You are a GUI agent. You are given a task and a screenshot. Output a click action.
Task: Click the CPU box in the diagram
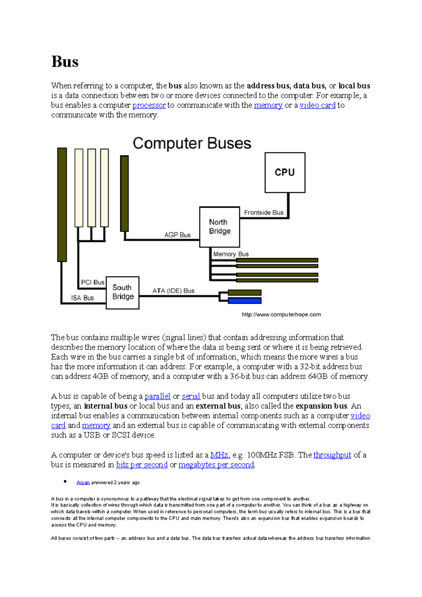click(x=285, y=173)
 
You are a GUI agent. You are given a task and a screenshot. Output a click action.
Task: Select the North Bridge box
click(x=219, y=227)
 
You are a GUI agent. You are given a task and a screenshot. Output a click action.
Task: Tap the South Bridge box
click(x=123, y=293)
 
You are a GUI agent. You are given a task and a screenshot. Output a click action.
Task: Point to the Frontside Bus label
click(x=263, y=213)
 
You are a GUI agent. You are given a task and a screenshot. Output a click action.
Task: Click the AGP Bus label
click(x=177, y=235)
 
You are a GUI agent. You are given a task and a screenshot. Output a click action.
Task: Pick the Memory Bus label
click(x=231, y=254)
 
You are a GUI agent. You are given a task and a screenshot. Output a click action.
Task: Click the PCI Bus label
click(x=92, y=282)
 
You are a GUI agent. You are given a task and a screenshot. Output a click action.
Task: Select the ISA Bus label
click(x=82, y=298)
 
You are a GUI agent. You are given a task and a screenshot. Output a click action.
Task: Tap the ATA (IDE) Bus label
click(x=173, y=291)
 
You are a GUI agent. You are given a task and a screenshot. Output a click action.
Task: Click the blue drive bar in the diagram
click(x=244, y=301)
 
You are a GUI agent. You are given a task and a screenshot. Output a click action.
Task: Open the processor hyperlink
click(x=149, y=105)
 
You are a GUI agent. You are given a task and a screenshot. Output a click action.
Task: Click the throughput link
click(x=332, y=455)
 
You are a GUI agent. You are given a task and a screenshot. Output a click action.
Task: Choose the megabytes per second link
click(x=216, y=465)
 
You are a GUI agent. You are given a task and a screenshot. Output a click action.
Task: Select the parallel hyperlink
click(x=157, y=396)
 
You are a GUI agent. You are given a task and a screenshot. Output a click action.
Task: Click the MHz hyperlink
click(x=219, y=455)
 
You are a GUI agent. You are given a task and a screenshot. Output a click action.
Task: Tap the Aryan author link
click(x=83, y=482)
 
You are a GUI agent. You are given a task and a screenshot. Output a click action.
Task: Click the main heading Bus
click(x=65, y=62)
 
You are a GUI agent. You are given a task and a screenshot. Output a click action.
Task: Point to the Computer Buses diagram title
click(x=192, y=143)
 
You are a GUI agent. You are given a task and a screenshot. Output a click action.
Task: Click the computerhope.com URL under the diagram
click(x=281, y=314)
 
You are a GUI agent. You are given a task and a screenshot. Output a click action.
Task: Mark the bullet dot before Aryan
click(x=65, y=482)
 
